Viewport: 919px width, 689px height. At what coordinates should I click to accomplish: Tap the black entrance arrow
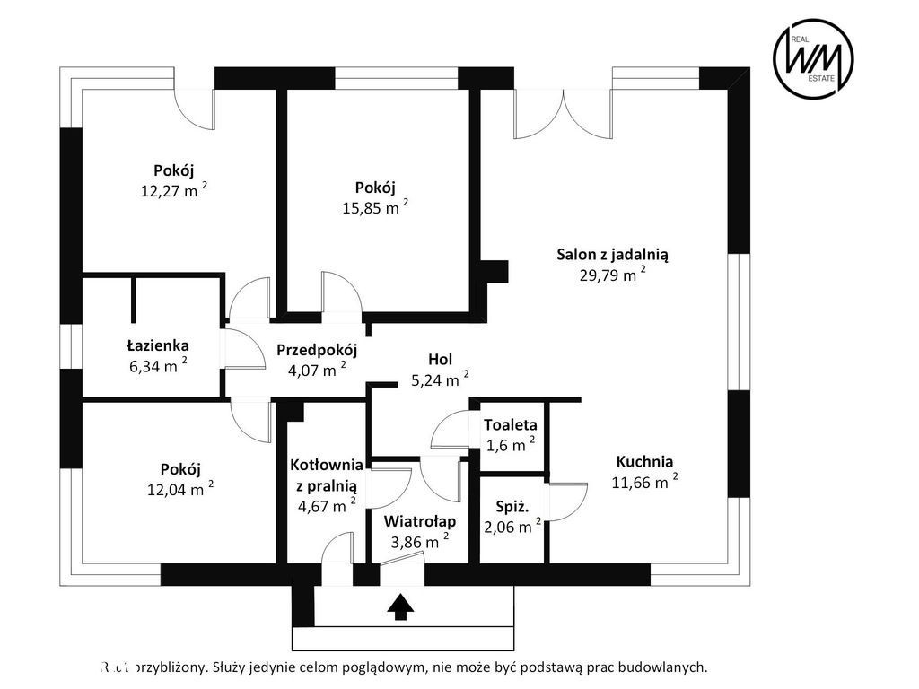(400, 607)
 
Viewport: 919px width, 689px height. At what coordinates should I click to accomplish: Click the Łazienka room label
(158, 344)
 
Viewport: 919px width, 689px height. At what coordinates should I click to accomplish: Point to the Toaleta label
(510, 424)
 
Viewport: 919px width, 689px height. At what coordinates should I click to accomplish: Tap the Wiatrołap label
(420, 521)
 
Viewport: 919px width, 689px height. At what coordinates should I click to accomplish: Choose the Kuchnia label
(644, 462)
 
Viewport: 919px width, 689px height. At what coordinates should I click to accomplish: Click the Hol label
(440, 359)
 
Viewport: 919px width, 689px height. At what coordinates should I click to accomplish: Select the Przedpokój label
(317, 350)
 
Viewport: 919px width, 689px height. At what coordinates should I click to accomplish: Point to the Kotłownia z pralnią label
(326, 475)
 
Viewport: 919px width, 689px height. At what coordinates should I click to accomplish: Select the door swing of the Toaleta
(451, 431)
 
